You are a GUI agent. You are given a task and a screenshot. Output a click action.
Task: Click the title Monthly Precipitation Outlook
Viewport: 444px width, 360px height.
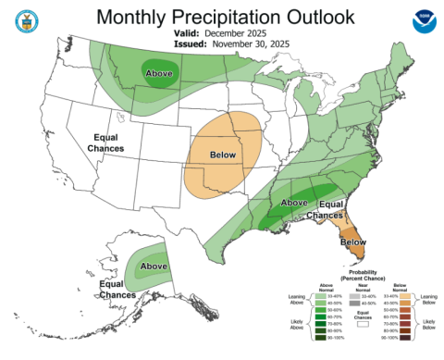(222, 17)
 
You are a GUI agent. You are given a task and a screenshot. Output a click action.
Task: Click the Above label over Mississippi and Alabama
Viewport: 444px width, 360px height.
(293, 203)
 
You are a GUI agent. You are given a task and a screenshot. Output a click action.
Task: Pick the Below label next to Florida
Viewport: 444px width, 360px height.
(352, 242)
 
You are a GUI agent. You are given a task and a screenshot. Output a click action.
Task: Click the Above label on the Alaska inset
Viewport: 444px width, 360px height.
(154, 267)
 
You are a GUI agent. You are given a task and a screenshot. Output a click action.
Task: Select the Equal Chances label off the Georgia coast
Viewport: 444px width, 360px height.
(336, 209)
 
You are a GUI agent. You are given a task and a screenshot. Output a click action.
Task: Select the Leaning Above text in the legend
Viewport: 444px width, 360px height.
(295, 300)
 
